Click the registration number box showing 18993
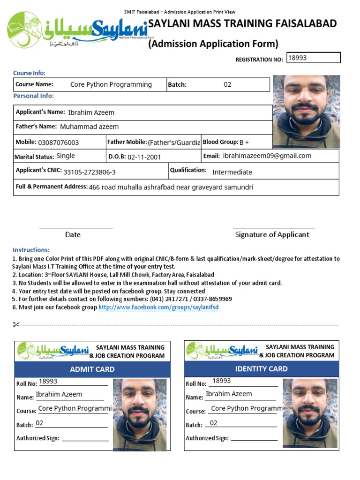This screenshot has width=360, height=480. pyautogui.click(x=314, y=58)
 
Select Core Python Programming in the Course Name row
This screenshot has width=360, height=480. pyautogui.click(x=111, y=85)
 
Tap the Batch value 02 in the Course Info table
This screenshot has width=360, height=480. pyautogui.click(x=227, y=85)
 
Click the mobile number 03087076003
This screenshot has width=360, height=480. pyautogui.click(x=59, y=142)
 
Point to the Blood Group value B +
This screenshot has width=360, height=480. pyautogui.click(x=244, y=142)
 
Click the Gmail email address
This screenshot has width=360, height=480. pyautogui.click(x=267, y=156)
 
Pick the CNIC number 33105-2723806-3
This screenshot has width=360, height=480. pyautogui.click(x=90, y=172)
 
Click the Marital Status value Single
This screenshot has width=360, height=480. pyautogui.click(x=66, y=156)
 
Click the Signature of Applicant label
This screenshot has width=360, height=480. pyautogui.click(x=272, y=234)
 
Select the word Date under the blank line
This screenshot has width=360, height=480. pyautogui.click(x=73, y=234)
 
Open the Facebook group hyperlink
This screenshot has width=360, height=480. pyautogui.click(x=158, y=307)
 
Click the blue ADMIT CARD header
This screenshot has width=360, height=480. pyautogui.click(x=92, y=369)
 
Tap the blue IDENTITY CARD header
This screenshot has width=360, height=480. pyautogui.click(x=261, y=369)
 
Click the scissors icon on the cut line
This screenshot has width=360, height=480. pyautogui.click(x=16, y=324)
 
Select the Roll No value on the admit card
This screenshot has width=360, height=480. pyautogui.click(x=48, y=382)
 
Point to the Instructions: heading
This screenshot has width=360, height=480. pyautogui.click(x=31, y=250)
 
